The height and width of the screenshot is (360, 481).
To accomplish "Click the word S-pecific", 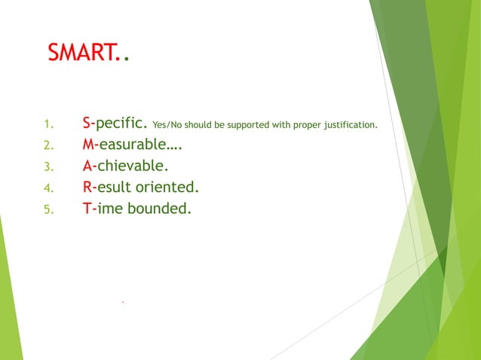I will (115, 124).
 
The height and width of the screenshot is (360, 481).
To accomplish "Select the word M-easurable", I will (132, 145).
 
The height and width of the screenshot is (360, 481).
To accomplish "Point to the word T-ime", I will (103, 209).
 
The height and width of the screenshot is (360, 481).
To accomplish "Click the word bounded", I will (159, 209).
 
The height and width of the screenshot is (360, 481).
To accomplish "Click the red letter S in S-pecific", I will (87, 124).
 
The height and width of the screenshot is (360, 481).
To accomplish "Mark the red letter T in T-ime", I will (87, 209).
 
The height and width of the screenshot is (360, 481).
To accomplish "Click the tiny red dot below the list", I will (122, 302).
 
